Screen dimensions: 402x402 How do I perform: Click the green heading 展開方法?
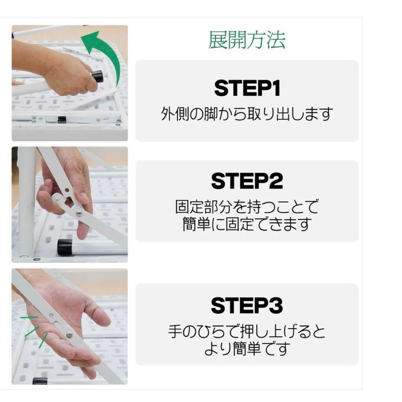[247, 40]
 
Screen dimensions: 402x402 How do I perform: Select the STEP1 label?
[247, 89]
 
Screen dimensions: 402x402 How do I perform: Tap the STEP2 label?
[247, 181]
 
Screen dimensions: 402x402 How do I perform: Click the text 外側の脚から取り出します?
[247, 114]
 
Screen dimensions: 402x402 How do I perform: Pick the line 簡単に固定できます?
[247, 224]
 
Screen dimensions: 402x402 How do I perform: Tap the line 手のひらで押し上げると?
[247, 331]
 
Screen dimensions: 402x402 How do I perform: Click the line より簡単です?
[247, 349]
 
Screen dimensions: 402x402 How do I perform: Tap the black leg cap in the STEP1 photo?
[98, 76]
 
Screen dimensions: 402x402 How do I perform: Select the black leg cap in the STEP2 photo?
[65, 247]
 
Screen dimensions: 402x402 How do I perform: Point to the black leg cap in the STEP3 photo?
[40, 381]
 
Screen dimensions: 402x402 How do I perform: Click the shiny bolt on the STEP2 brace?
[79, 213]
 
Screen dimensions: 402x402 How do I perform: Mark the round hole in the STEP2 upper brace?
[67, 190]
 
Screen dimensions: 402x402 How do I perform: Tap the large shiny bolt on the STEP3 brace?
[69, 335]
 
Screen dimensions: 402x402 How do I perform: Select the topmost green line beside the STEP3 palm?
[29, 318]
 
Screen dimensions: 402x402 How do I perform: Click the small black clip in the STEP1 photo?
[62, 119]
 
